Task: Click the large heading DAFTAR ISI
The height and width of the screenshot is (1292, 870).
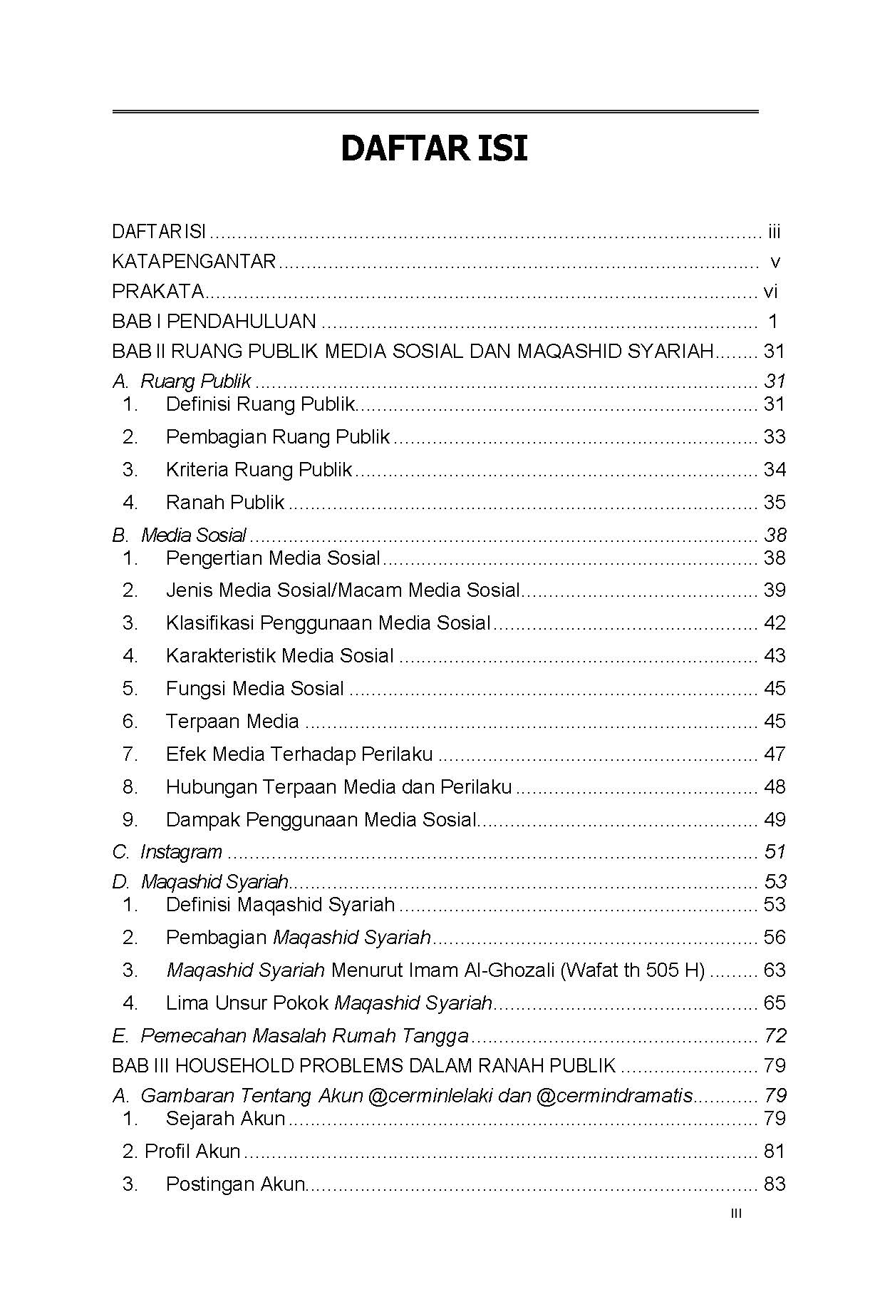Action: pos(434,149)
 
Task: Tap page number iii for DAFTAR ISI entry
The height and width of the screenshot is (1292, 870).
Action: pos(774,232)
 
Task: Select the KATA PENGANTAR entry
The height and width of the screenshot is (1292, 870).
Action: pos(193,262)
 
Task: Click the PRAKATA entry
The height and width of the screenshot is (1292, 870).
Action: pos(157,292)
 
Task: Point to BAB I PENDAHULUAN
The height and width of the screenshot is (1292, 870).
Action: pos(214,322)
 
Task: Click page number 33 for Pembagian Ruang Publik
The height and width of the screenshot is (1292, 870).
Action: pos(774,436)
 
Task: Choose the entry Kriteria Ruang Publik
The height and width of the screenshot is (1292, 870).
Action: pos(259,469)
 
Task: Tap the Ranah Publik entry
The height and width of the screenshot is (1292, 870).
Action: pos(225,502)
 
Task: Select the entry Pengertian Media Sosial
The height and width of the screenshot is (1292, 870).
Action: pos(273,558)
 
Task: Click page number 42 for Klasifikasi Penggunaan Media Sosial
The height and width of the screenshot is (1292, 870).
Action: pos(774,622)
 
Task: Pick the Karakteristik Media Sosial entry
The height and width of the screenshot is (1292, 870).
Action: pos(279,655)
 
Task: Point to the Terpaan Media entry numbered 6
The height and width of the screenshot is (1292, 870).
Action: pos(232,721)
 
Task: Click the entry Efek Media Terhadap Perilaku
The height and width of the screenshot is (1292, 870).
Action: pos(299,754)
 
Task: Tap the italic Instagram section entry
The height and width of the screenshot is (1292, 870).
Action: pos(181,851)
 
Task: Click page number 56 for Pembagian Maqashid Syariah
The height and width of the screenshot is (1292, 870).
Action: pos(774,937)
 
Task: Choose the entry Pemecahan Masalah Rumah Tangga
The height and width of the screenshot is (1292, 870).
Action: pos(304,1035)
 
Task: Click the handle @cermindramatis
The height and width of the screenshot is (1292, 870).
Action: pos(613,1095)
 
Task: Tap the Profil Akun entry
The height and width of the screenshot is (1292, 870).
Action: pos(192,1151)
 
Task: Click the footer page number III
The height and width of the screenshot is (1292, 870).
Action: pos(736,1214)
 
